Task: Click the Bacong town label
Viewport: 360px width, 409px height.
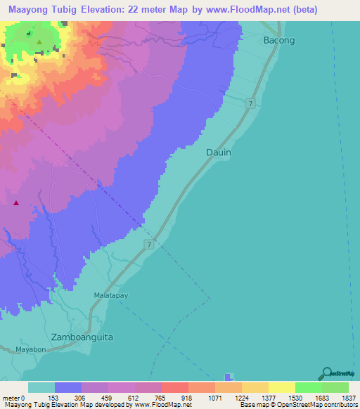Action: [x=279, y=40]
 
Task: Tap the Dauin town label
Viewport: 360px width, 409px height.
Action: [x=219, y=152]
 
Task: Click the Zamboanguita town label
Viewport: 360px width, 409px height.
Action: [x=82, y=337]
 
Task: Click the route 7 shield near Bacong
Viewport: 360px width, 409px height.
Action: [x=250, y=104]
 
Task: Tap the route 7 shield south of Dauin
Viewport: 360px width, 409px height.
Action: [x=150, y=244]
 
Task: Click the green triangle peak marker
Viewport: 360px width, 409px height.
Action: [x=39, y=41]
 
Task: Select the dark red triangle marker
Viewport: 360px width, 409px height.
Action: [x=15, y=204]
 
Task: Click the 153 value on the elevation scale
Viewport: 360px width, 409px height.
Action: [x=54, y=397]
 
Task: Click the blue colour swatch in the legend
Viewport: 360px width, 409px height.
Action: [x=68, y=387]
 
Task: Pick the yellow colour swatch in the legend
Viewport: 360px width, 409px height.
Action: [x=282, y=387]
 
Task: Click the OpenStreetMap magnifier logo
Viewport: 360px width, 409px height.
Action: [x=326, y=373]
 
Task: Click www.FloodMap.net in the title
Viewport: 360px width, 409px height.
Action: [x=247, y=10]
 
